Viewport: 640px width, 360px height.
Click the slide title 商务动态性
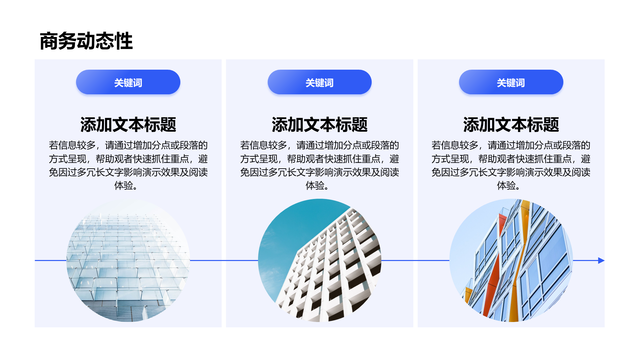pos(86,41)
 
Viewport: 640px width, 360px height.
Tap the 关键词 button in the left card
pos(128,82)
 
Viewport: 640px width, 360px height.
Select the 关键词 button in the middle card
pos(319,82)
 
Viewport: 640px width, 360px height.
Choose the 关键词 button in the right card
pos(511,82)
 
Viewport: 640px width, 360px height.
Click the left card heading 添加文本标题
pos(128,125)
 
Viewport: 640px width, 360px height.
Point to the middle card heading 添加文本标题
pos(319,125)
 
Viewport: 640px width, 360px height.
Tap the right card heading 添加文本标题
pos(511,125)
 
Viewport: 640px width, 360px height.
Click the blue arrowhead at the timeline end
pos(601,260)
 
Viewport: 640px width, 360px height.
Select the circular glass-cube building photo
pos(128,260)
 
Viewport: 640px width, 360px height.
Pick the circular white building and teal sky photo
pos(319,260)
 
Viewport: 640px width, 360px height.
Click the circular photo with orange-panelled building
pos(511,260)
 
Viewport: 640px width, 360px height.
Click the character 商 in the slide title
pos(49,41)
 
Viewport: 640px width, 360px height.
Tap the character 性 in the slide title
pos(124,41)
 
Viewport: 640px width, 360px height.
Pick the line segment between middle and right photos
pos(415,260)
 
